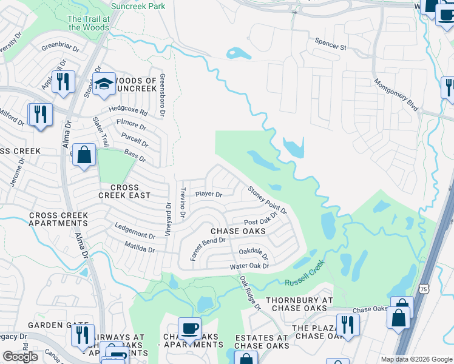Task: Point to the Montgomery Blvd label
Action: pos(396,95)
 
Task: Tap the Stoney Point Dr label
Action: pos(267,200)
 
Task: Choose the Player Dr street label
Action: pos(209,195)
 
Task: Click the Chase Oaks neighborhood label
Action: pos(238,231)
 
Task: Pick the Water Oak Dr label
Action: pos(249,267)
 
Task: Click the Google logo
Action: pos(21,356)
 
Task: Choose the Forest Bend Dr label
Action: pos(208,249)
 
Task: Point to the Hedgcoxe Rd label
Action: pos(128,111)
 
